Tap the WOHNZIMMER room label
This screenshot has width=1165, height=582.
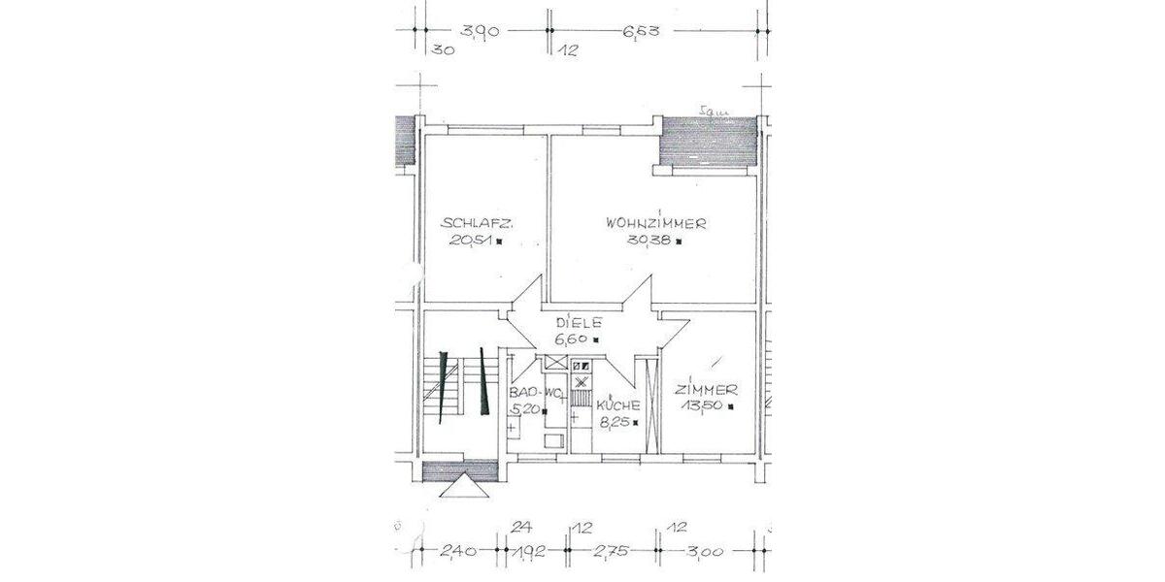pyautogui.click(x=655, y=222)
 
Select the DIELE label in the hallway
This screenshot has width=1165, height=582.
pyautogui.click(x=579, y=322)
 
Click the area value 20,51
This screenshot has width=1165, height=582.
pyautogui.click(x=473, y=243)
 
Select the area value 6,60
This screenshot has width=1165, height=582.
pyautogui.click(x=574, y=339)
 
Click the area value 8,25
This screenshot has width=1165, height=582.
pyautogui.click(x=614, y=422)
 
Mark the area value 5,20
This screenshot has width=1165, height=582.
pyautogui.click(x=525, y=410)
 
